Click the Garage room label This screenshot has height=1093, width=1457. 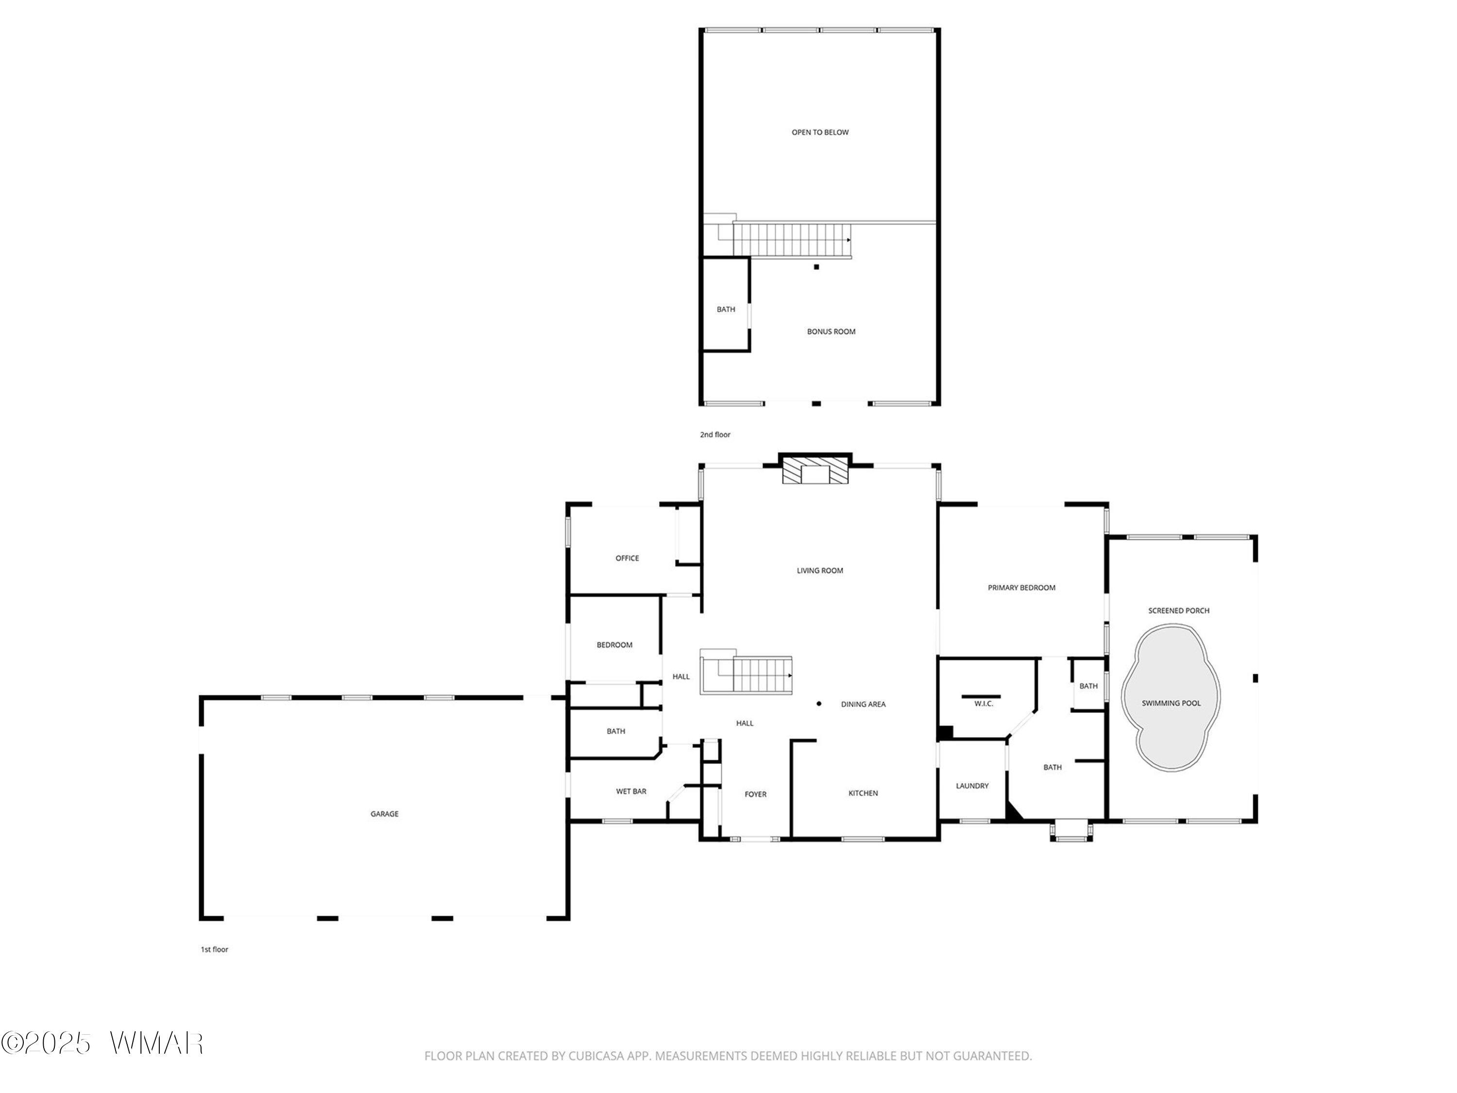click(x=384, y=814)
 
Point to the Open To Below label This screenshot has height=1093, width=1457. click(x=820, y=133)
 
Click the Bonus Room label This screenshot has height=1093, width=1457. click(x=831, y=331)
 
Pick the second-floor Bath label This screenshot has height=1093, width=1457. click(x=726, y=309)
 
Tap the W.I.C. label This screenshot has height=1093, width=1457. click(x=983, y=703)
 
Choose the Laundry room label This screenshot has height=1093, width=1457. click(x=972, y=786)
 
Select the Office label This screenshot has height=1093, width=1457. click(x=627, y=558)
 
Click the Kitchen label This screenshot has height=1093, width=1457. click(x=863, y=793)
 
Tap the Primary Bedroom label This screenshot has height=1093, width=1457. click(x=1022, y=588)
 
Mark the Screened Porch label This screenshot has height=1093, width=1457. click(x=1179, y=611)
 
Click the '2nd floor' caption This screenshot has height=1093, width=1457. click(x=715, y=435)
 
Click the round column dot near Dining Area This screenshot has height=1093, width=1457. click(x=819, y=703)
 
